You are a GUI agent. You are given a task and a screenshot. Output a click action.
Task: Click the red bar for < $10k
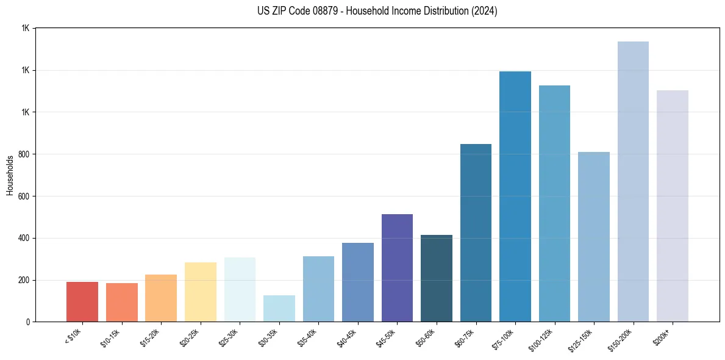pos(82,301)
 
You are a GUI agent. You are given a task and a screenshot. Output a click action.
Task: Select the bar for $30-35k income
pos(279,309)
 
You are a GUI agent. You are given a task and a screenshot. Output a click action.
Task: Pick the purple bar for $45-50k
pos(397,268)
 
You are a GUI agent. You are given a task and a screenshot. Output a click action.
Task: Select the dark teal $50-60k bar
pos(437,278)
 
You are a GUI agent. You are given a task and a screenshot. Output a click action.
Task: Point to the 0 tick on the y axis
pos(28,322)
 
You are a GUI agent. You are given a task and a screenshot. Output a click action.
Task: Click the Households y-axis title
pos(10,175)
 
